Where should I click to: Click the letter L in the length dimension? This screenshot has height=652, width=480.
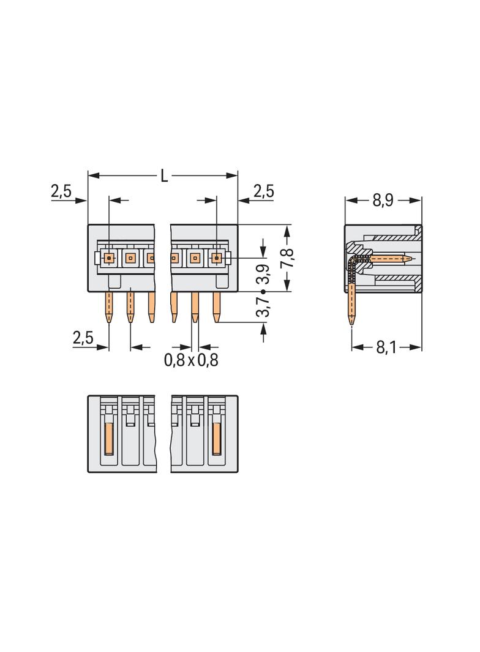[163, 176]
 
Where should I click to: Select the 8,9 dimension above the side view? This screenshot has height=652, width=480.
[383, 201]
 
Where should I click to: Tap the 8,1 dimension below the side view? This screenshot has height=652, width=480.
[386, 347]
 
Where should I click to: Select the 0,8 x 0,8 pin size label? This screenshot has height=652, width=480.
[191, 360]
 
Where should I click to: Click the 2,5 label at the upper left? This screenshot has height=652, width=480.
[61, 192]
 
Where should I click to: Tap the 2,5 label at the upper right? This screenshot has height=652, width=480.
[263, 192]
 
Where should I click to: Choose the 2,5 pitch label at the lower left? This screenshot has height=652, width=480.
[83, 338]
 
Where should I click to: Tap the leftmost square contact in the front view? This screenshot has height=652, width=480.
[109, 258]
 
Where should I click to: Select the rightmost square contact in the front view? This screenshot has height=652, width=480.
[216, 258]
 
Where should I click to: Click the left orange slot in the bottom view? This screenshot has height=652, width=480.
[109, 439]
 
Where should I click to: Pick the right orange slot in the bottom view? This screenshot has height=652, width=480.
[216, 439]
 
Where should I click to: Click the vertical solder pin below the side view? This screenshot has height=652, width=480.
[351, 306]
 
